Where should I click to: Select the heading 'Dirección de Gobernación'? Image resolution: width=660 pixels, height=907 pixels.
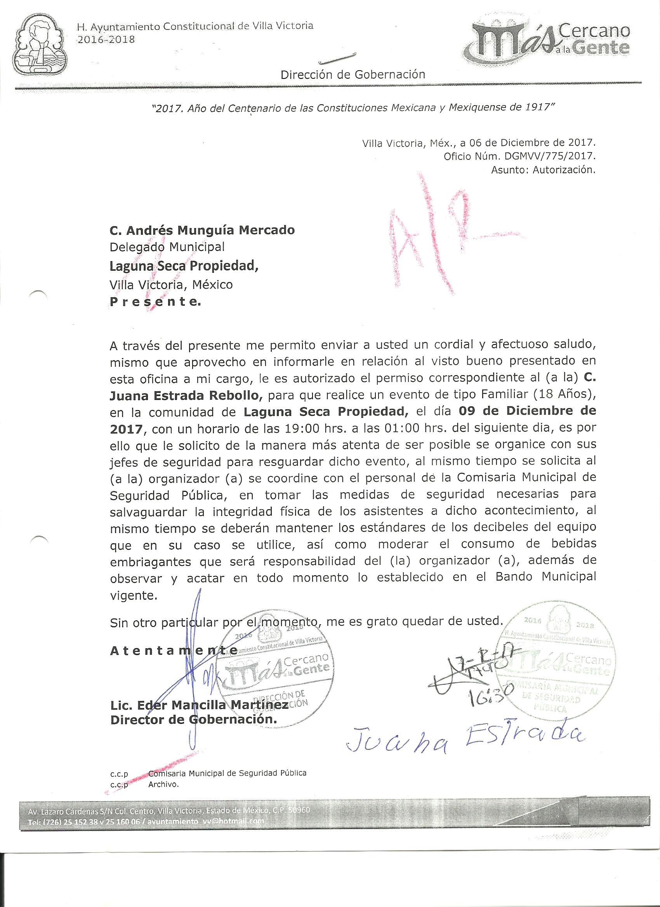(353, 74)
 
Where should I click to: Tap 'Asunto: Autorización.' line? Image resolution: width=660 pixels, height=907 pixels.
(543, 170)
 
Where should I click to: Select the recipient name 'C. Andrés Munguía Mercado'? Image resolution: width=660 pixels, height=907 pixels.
(202, 230)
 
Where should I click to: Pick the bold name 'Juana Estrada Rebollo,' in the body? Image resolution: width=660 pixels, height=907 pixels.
(186, 396)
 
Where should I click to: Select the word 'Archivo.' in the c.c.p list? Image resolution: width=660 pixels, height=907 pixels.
(163, 784)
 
